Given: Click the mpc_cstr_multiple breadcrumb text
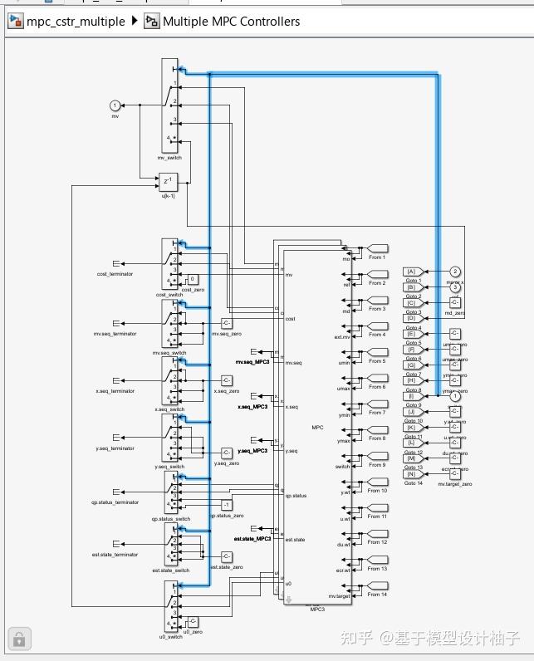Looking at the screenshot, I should point(76,22).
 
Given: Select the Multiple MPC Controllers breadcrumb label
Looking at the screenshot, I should point(231,22).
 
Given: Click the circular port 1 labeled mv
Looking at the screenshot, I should point(115,105).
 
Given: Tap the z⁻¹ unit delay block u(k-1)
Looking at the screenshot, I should point(168,181).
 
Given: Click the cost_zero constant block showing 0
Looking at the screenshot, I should point(193,279).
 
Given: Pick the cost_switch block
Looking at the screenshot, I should point(169,265).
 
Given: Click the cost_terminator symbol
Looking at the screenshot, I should point(116,264).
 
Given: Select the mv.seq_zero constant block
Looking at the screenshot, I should point(226,323).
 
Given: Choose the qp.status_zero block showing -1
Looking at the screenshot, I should point(226,505).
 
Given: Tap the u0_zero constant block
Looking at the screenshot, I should point(193,622).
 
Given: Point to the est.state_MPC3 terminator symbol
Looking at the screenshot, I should point(253,529).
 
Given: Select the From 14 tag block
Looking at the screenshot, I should point(377,585).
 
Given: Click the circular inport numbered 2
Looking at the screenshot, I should point(455,272).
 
